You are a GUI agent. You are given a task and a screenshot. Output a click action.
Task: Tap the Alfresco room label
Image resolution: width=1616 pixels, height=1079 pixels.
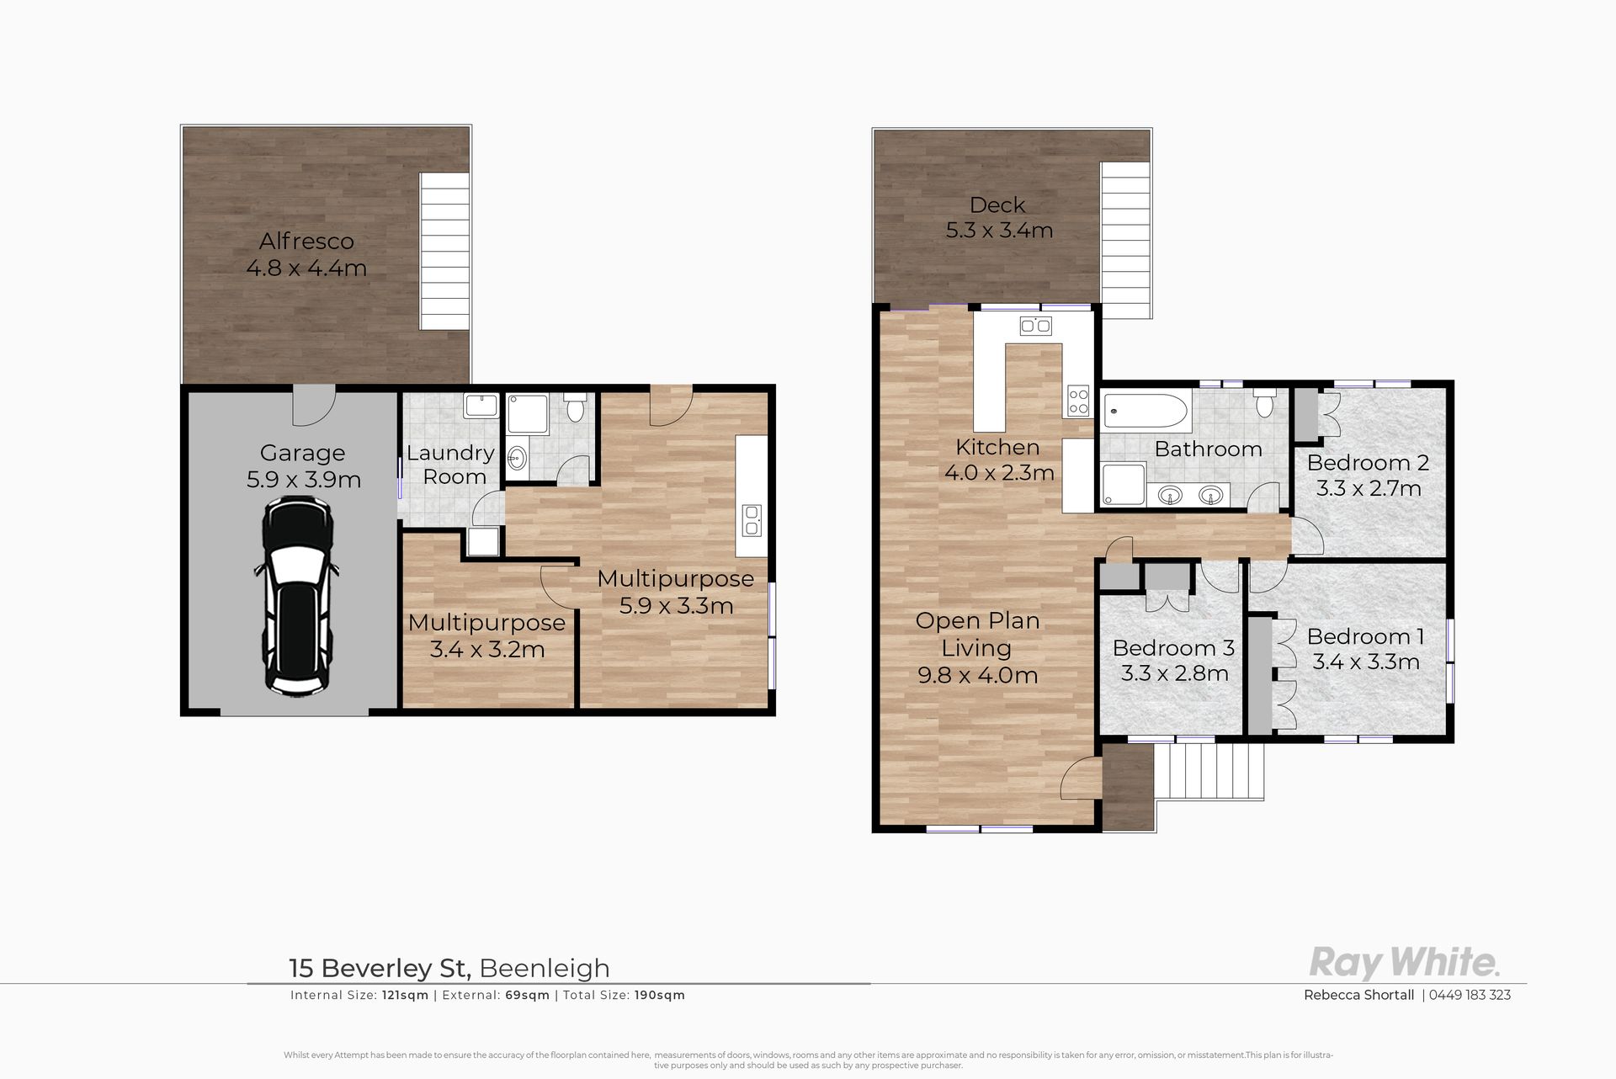[x=306, y=242]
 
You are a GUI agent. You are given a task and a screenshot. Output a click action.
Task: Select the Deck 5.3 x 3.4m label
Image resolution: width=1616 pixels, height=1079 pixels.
[x=999, y=217]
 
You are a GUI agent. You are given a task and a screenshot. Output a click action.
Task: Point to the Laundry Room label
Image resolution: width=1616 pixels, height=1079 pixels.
[x=452, y=465]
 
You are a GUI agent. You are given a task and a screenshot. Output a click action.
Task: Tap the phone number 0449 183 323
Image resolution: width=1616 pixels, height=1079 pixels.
[x=1470, y=995]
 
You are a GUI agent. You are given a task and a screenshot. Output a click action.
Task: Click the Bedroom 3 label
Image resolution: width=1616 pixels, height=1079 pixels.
[x=1173, y=648]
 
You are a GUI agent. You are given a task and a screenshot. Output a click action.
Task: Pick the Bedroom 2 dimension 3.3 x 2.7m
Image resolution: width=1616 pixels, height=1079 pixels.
[x=1369, y=488]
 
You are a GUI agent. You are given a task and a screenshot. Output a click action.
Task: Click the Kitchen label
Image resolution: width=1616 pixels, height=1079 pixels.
[x=997, y=447]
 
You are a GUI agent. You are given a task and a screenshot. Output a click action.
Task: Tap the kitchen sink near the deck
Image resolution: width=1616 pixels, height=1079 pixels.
[x=1034, y=326]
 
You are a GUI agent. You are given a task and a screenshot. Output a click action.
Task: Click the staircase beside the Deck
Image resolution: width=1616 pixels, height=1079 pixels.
[x=1125, y=240]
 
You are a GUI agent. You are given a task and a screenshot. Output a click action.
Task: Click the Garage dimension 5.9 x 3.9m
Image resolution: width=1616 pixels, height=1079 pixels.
[x=304, y=480]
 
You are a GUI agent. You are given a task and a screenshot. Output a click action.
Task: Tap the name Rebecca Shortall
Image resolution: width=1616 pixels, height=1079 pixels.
[x=1358, y=995]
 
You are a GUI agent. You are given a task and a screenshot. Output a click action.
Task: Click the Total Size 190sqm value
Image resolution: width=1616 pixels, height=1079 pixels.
[x=660, y=995]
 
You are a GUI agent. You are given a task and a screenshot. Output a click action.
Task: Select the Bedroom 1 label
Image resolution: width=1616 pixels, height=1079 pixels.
[x=1365, y=636]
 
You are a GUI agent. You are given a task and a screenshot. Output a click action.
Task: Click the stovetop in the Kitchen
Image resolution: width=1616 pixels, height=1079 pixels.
[x=1078, y=401]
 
